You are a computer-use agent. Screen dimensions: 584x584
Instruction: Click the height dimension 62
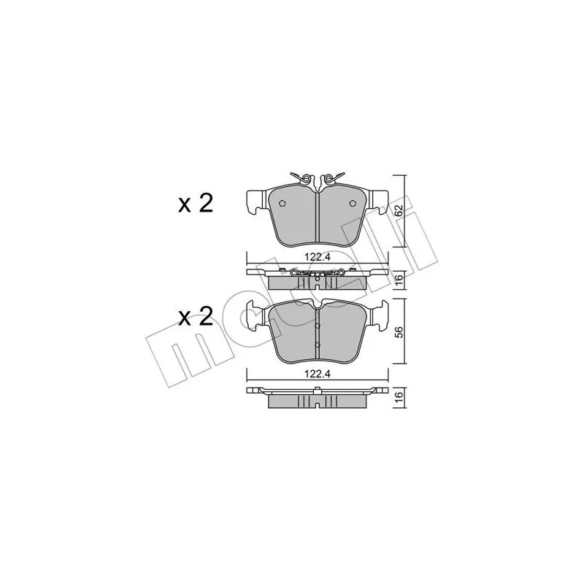pos(399,211)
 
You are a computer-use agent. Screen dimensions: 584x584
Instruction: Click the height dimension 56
pos(399,331)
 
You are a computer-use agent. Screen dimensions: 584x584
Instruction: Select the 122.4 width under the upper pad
pos(318,257)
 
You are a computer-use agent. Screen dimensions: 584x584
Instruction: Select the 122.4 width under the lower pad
pos(318,374)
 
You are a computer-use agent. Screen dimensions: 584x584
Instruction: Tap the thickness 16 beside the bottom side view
pos(399,397)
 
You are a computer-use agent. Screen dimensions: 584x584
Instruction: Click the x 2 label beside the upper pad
pos(195,204)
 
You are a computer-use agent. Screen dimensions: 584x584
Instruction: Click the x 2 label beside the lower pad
pos(195,317)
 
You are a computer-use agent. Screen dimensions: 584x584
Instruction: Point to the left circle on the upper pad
pos(283,203)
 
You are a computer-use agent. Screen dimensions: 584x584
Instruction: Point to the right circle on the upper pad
pos(353,203)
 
